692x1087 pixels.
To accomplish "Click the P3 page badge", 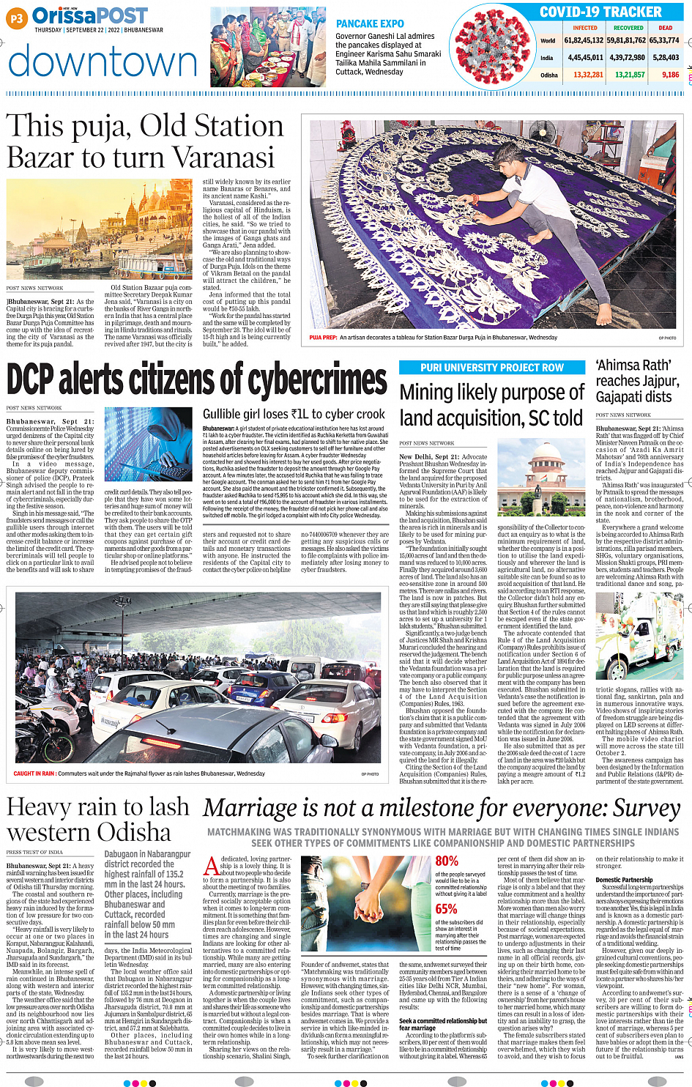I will pos(16,19).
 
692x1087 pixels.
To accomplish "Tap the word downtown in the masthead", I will pos(103,63).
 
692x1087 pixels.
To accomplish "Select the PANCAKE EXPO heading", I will pos(370,24).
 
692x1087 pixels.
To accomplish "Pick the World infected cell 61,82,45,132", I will pos(584,41).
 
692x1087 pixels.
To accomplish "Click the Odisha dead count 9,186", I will pos(670,75).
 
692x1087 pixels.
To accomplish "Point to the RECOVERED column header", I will pos(628,28).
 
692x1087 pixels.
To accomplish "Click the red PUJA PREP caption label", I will pos(323,338).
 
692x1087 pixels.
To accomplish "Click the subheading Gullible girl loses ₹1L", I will pos(293,414).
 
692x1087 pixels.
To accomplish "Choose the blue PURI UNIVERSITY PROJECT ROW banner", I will pos(492,368).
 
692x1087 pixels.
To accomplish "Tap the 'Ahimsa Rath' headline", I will pos(633,365).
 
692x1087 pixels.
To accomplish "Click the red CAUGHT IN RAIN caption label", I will pos(34,773).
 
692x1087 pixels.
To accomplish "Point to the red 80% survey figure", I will pos(447,861).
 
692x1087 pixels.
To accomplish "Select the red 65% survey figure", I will pos(446,909).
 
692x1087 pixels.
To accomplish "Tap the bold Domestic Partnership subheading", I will pos(624,880).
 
